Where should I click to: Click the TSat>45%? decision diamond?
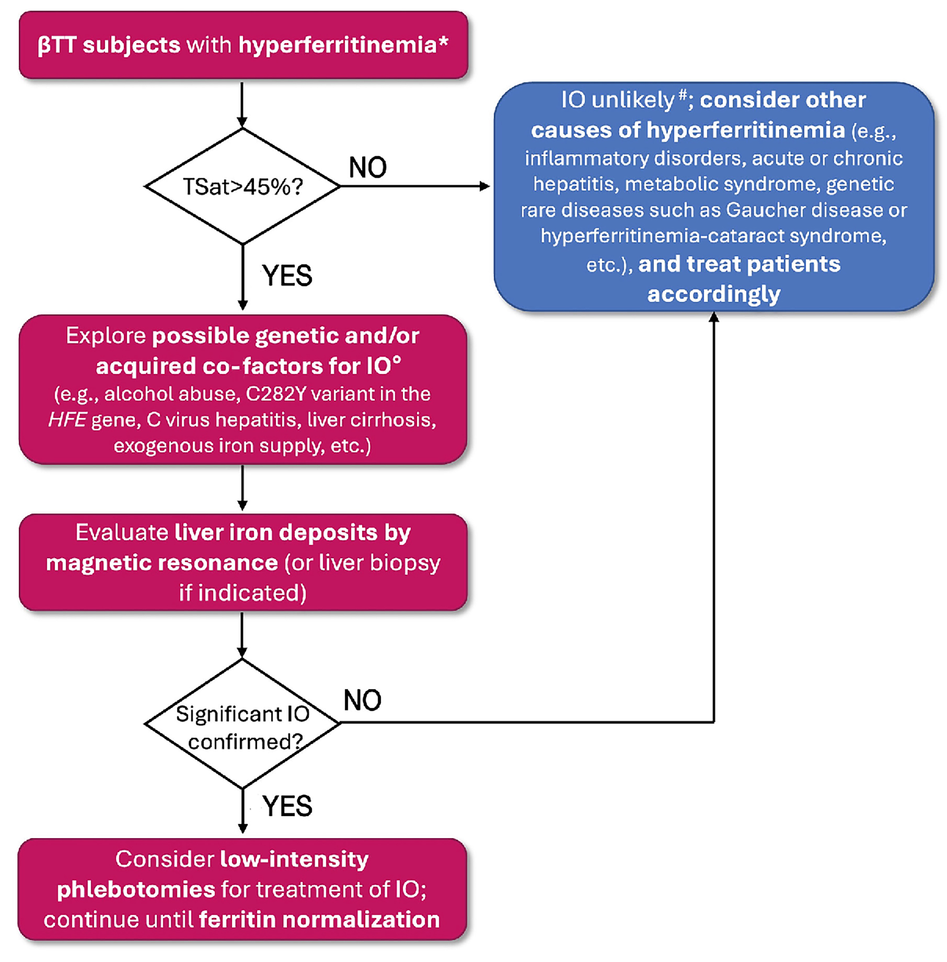point(243,186)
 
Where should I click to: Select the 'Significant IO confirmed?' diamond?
point(243,726)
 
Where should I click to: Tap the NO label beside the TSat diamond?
point(368,168)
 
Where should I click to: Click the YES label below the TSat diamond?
point(287,276)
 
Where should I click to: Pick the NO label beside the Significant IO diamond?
point(362,700)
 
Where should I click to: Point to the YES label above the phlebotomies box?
point(288,806)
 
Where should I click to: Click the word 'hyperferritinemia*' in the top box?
point(343,45)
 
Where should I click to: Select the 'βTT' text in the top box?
point(57,45)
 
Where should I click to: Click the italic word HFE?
point(68,420)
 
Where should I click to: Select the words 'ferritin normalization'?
point(319,919)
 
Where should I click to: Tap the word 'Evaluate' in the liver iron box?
point(122,533)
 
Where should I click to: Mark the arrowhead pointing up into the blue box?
point(714,317)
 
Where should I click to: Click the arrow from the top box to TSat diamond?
point(242,104)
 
